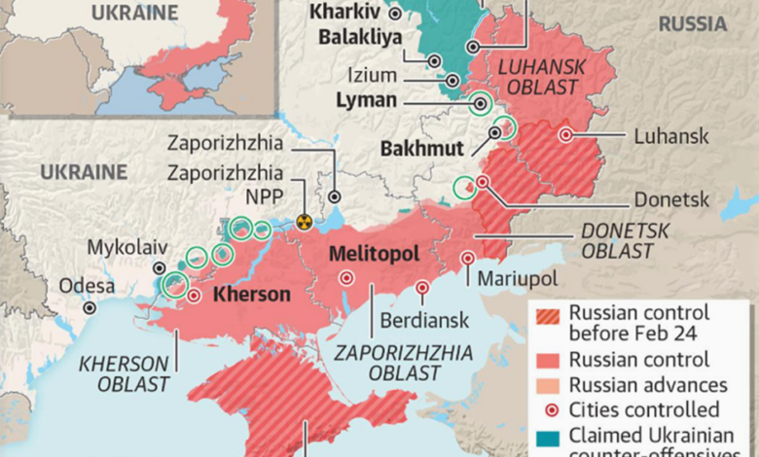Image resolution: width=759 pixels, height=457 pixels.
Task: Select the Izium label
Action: coord(401,74)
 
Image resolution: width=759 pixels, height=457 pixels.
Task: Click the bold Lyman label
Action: coord(366,100)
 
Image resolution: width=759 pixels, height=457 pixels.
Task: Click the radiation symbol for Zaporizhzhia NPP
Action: coord(305,222)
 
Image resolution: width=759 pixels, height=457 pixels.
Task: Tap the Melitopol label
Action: coord(375,254)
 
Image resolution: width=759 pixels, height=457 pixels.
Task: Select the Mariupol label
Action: coord(518,279)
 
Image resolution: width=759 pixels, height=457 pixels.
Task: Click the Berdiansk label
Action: coord(424,319)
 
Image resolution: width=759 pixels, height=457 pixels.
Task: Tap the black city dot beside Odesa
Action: coord(90,307)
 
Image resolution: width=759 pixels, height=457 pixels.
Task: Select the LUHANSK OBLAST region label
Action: coord(539,76)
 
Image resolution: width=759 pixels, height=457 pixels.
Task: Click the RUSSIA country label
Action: coord(692,23)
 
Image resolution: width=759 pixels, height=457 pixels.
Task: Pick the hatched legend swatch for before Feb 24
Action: coord(547,321)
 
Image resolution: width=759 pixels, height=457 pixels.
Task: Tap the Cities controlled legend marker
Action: coord(547,409)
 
